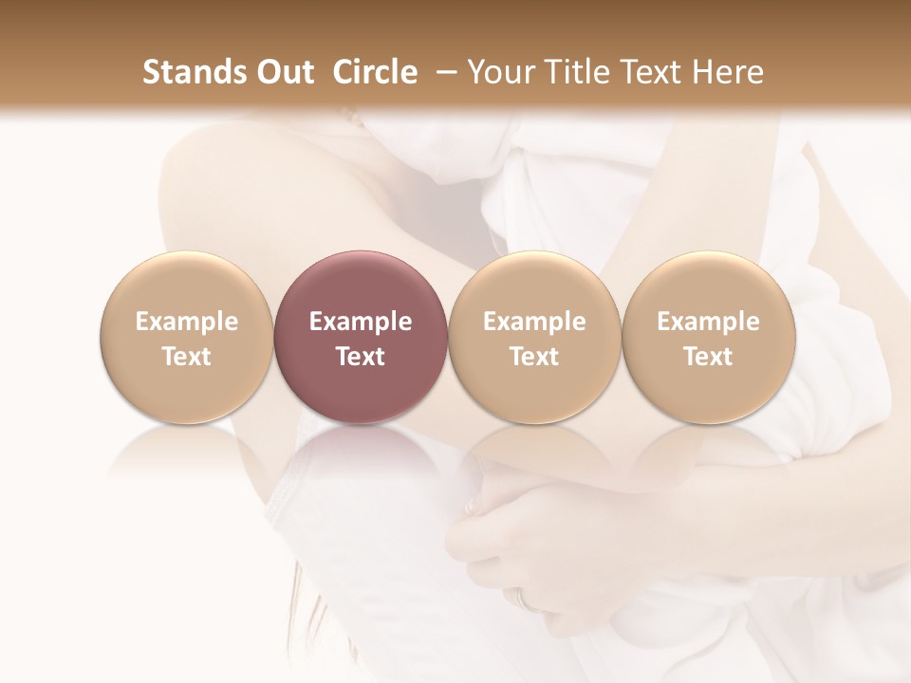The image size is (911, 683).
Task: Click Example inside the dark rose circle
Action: [361, 322]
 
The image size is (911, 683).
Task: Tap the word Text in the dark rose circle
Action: [361, 357]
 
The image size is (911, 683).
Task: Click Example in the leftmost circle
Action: [187, 322]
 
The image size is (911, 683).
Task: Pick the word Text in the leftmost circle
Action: [187, 357]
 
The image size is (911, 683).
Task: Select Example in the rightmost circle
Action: [708, 322]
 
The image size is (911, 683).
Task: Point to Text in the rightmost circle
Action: [708, 357]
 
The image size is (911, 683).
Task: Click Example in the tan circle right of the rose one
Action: [534, 322]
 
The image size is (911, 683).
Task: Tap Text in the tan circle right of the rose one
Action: [534, 357]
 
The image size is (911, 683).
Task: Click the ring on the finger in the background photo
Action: [524, 598]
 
